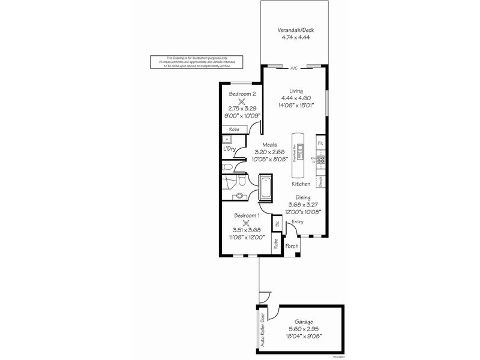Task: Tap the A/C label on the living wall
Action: tap(294, 68)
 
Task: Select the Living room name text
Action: tap(296, 91)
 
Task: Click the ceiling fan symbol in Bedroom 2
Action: tap(241, 103)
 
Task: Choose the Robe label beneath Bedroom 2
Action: tap(233, 129)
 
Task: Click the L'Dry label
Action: tap(229, 149)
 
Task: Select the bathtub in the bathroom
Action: tap(265, 187)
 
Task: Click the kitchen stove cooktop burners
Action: tap(321, 160)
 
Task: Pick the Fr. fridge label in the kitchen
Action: tap(321, 143)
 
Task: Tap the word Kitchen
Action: tap(301, 184)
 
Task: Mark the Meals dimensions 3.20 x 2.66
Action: tap(265, 152)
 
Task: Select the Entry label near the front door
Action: tap(298, 222)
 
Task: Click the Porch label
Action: tap(292, 247)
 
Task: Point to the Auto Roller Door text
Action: tap(262, 329)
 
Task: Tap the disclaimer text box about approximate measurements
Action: tap(193, 62)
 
